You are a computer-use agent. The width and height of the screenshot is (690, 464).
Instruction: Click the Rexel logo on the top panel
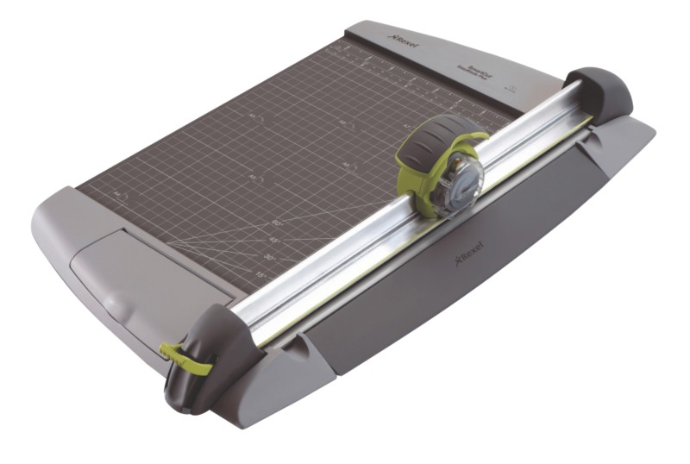(403, 41)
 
